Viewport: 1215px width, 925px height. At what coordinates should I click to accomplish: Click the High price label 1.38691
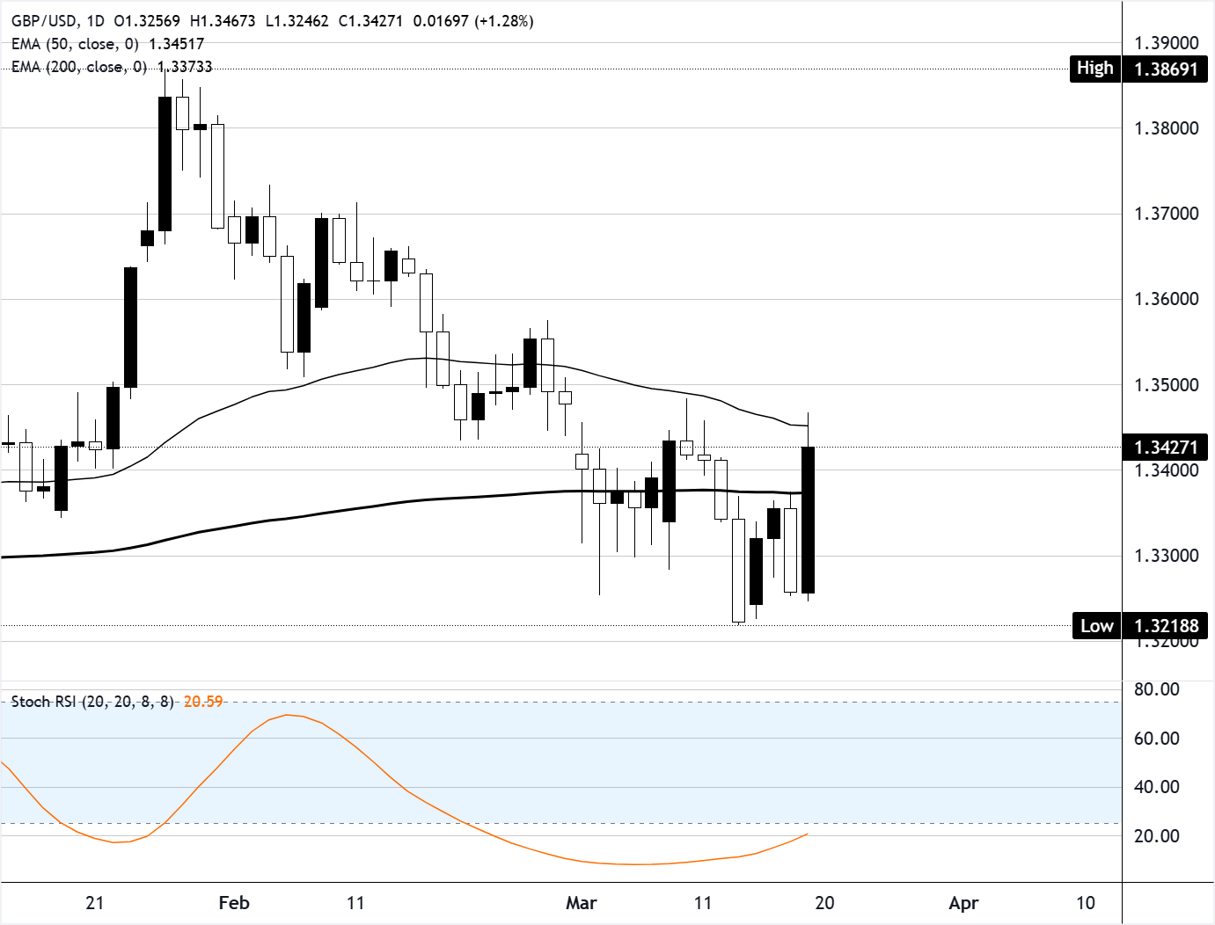coord(1166,69)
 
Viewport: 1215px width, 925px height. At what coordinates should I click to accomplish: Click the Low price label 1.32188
coord(1166,626)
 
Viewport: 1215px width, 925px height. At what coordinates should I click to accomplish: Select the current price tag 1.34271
coord(1166,447)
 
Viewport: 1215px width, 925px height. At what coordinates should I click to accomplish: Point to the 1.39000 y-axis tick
coord(1166,43)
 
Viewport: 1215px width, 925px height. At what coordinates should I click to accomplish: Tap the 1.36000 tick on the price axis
coord(1166,299)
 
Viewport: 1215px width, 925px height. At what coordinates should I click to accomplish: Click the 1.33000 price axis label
coord(1166,556)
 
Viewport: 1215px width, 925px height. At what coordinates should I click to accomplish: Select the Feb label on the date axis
coord(234,903)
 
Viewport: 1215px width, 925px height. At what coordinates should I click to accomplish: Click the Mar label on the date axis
coord(582,903)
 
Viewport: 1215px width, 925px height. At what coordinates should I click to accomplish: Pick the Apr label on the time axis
coord(964,903)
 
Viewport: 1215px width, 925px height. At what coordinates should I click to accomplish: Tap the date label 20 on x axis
coord(824,903)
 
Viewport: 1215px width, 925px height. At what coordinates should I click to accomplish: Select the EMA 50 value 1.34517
coord(177,44)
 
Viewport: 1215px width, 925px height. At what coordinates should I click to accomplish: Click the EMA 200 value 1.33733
coord(185,67)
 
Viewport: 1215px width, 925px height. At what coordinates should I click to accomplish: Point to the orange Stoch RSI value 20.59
coord(203,702)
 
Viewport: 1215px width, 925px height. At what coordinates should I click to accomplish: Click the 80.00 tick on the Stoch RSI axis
coord(1156,689)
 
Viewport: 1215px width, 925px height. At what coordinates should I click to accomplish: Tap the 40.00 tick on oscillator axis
coord(1156,787)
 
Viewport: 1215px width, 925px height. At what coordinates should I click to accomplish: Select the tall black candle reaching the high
coord(165,163)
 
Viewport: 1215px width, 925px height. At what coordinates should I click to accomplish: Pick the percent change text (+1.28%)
coord(504,21)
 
